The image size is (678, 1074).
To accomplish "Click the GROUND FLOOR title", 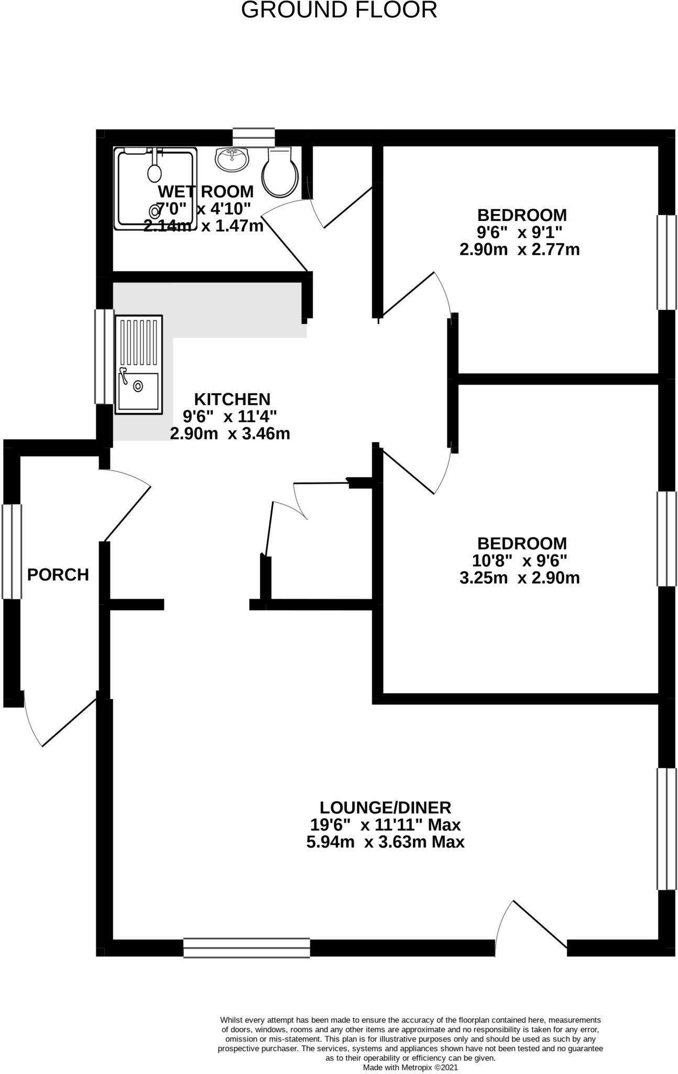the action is click(x=339, y=10).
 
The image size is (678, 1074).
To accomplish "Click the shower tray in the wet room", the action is click(x=155, y=189).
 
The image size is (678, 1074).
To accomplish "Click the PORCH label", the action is click(x=58, y=575).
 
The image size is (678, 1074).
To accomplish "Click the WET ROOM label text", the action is click(x=205, y=191).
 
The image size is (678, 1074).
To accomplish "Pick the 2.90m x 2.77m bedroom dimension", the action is click(x=519, y=250).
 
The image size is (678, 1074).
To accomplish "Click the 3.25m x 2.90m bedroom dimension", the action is click(x=519, y=578).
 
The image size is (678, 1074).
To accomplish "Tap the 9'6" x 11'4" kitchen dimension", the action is click(x=229, y=416).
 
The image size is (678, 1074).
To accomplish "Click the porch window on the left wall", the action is click(x=12, y=551).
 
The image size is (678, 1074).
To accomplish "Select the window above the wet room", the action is click(x=254, y=137).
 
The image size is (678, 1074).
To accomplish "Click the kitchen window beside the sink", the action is click(x=104, y=356).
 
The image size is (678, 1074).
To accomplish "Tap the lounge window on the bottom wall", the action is click(x=246, y=948).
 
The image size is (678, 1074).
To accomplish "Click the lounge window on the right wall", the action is click(x=666, y=829).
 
